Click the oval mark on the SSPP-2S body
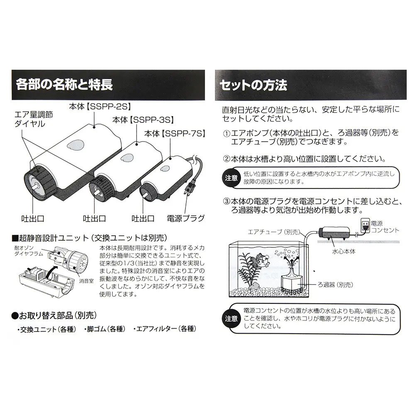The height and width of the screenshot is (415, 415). [75, 145]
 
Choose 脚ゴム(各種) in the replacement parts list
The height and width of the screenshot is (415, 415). [105, 329]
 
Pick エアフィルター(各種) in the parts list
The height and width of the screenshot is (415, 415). [164, 329]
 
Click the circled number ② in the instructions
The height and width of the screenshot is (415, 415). [226, 159]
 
